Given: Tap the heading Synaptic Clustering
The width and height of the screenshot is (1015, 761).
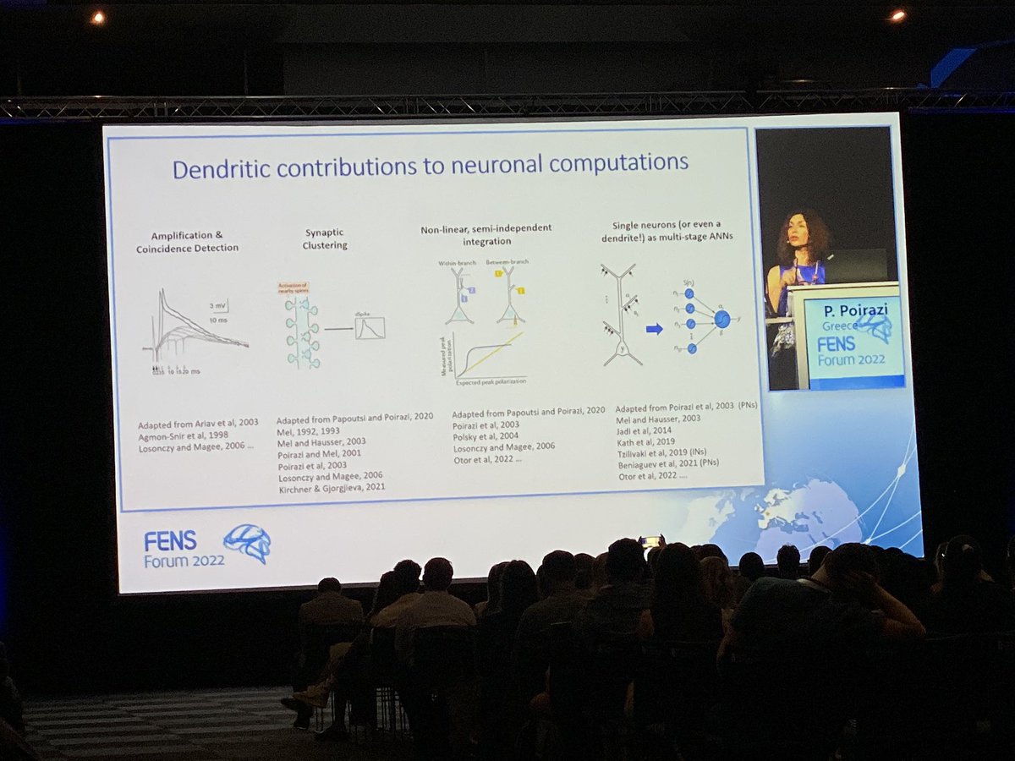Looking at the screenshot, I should tap(325, 238).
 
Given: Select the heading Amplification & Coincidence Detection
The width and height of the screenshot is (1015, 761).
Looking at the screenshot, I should tap(188, 242).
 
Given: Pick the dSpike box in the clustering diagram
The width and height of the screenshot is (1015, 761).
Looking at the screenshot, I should tap(370, 327).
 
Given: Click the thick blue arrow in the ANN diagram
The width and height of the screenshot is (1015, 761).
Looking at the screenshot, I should tap(654, 328).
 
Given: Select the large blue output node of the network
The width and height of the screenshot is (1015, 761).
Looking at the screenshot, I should tap(721, 319).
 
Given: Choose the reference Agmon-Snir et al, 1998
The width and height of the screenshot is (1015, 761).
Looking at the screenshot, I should tap(183, 435).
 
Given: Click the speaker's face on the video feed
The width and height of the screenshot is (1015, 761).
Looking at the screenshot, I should tap(800, 239).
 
